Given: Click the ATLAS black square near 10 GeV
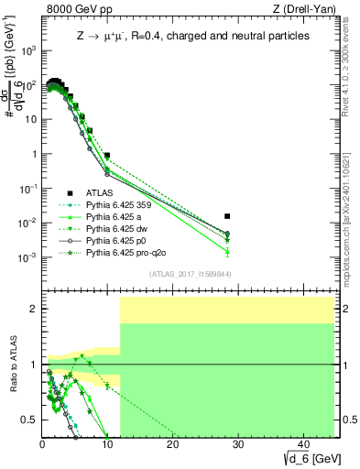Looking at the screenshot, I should [107, 156].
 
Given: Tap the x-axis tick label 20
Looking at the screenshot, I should [172, 444].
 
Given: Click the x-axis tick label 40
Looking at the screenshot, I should [301, 444].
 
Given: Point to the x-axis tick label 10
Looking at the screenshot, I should [107, 444].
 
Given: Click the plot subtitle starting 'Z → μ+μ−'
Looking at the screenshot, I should [191, 36].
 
